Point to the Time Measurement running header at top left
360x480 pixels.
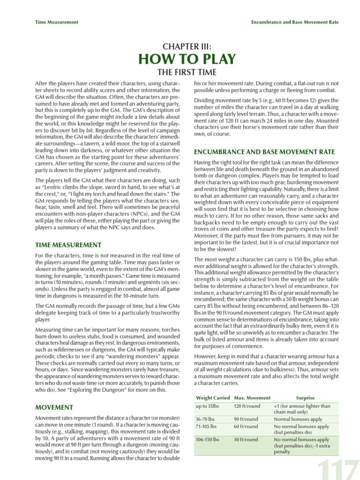57,22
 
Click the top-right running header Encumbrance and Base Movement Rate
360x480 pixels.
295,22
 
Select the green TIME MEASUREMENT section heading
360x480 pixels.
68,245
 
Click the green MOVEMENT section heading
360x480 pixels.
54,407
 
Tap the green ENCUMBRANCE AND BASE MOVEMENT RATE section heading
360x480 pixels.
264,152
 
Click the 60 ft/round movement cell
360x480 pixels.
246,427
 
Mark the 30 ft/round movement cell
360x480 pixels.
246,440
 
